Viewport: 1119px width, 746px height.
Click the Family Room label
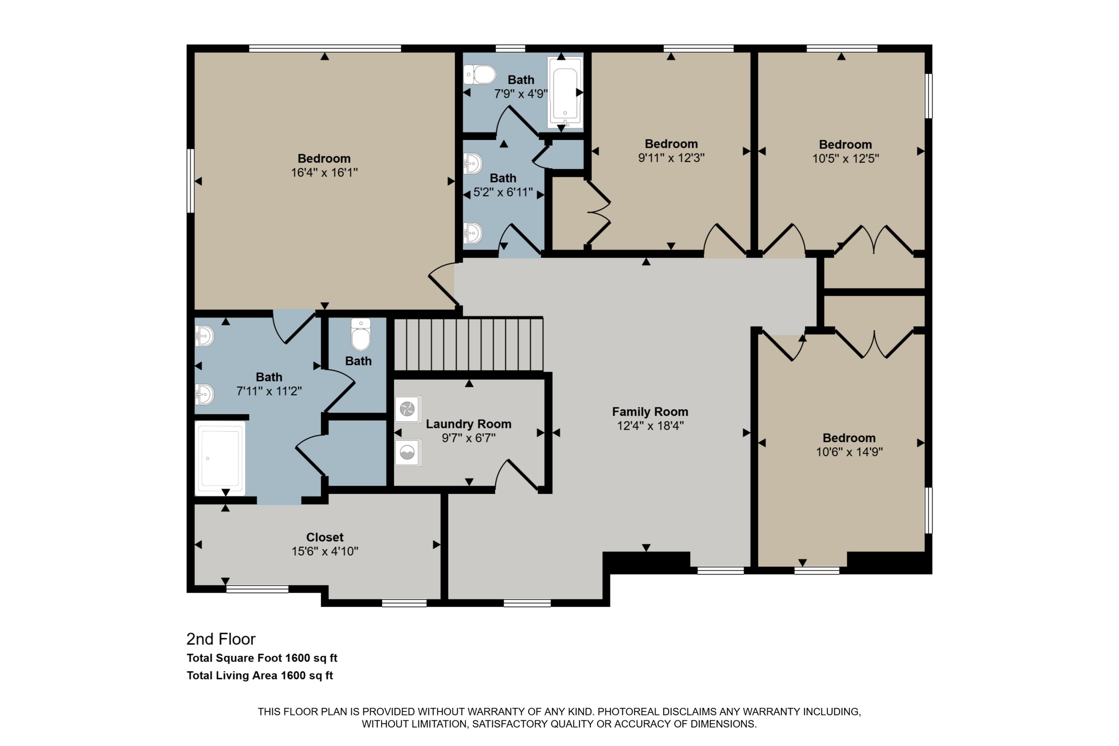pos(650,411)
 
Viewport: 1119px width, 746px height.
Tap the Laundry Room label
pos(468,424)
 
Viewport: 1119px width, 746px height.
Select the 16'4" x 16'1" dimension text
pos(324,173)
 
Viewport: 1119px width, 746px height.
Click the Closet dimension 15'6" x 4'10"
pos(325,551)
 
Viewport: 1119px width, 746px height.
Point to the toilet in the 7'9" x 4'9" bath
pos(480,75)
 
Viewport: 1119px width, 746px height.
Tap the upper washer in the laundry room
pos(407,409)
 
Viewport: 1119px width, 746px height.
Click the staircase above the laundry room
pos(468,344)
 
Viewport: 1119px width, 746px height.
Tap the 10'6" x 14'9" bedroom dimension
pos(849,452)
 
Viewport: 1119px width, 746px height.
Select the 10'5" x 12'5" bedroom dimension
pos(846,159)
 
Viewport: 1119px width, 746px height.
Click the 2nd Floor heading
pos(221,639)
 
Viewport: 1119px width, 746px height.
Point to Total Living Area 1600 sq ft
pos(260,676)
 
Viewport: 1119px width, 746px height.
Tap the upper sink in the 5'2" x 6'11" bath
pos(473,164)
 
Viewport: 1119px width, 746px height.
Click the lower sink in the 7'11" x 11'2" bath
pos(204,394)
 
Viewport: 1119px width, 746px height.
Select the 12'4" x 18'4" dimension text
pos(650,426)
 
